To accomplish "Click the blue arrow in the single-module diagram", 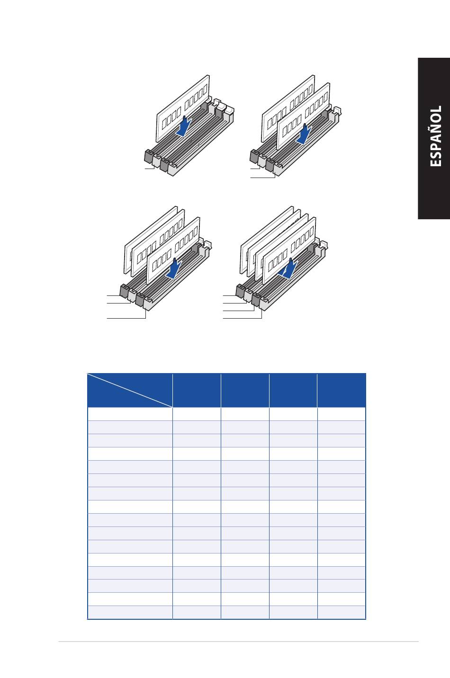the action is (x=184, y=126).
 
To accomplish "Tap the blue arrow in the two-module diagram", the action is (x=304, y=134).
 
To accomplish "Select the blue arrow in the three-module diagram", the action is (x=174, y=268).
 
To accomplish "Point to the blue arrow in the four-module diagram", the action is (x=290, y=268).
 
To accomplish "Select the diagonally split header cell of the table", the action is (x=130, y=391).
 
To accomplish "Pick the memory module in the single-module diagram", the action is (x=183, y=108).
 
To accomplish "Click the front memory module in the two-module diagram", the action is (x=304, y=116).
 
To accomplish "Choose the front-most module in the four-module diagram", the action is (x=289, y=250).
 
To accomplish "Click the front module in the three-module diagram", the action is (x=173, y=250).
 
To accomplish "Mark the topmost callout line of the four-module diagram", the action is (x=229, y=295).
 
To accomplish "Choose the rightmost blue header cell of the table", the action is (x=341, y=391).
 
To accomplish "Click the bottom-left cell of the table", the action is (x=130, y=612).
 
